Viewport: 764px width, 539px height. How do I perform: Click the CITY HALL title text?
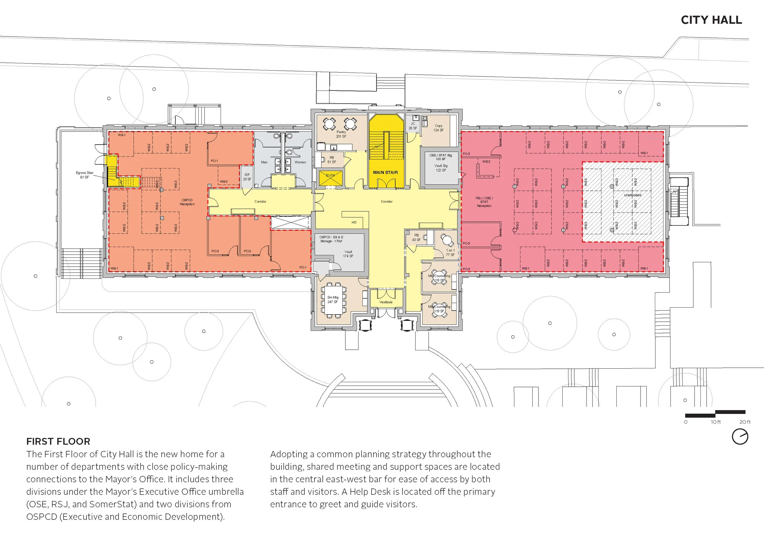[x=711, y=20]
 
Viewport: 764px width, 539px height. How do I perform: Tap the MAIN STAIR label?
[x=385, y=172]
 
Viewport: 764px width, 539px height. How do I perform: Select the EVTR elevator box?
[x=330, y=177]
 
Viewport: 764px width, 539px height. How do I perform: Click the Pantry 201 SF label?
[x=341, y=134]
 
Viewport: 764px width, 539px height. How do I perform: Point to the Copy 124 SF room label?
[x=438, y=128]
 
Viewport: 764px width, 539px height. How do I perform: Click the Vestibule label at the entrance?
[x=386, y=302]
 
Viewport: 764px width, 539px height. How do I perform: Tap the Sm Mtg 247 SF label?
[x=333, y=300]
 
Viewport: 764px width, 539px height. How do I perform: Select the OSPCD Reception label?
[x=187, y=202]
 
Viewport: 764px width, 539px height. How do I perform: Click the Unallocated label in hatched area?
[x=632, y=195]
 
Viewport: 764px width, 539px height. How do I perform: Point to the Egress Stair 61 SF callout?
[x=85, y=175]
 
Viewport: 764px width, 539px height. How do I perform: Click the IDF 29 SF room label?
[x=247, y=177]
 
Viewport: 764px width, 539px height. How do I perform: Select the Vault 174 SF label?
[x=348, y=254]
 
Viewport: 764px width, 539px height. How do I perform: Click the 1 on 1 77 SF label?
[x=450, y=252]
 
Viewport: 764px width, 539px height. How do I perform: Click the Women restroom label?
[x=300, y=162]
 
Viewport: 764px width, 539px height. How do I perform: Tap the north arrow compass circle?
[x=740, y=437]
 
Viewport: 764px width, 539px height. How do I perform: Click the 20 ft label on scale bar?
[x=745, y=422]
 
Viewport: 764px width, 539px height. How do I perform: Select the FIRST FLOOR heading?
[x=58, y=441]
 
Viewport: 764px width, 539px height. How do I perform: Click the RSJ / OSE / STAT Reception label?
[x=484, y=202]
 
